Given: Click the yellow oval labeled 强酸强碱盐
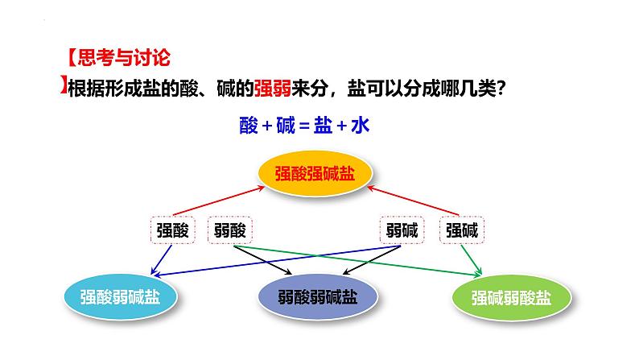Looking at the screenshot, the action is [x=315, y=173].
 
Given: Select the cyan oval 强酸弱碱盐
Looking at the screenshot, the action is [x=120, y=296].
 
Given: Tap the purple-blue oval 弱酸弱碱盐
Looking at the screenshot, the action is [x=318, y=296].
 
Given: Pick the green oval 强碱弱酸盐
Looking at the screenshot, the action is [x=512, y=297].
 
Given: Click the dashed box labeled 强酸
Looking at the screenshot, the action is [x=173, y=230].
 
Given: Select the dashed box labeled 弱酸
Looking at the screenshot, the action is [x=230, y=230].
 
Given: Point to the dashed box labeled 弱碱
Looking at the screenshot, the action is [x=402, y=230].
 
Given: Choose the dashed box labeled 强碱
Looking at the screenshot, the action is [x=462, y=230].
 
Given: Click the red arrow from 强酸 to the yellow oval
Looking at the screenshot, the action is [x=219, y=201].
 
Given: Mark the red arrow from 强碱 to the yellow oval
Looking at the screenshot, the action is [x=413, y=201].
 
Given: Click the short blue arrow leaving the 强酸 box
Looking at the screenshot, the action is [x=162, y=259].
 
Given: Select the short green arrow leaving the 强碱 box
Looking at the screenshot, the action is [x=472, y=259].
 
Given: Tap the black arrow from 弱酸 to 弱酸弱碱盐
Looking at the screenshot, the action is [x=263, y=259].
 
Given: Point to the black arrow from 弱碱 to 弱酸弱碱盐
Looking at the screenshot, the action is [x=371, y=259].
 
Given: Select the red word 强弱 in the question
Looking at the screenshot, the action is [x=273, y=88].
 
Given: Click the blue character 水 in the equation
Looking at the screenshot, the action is [x=361, y=125].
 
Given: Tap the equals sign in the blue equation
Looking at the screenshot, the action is [x=304, y=126].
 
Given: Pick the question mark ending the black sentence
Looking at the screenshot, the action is [x=501, y=88].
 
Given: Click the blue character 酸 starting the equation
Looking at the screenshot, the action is [x=249, y=125].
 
